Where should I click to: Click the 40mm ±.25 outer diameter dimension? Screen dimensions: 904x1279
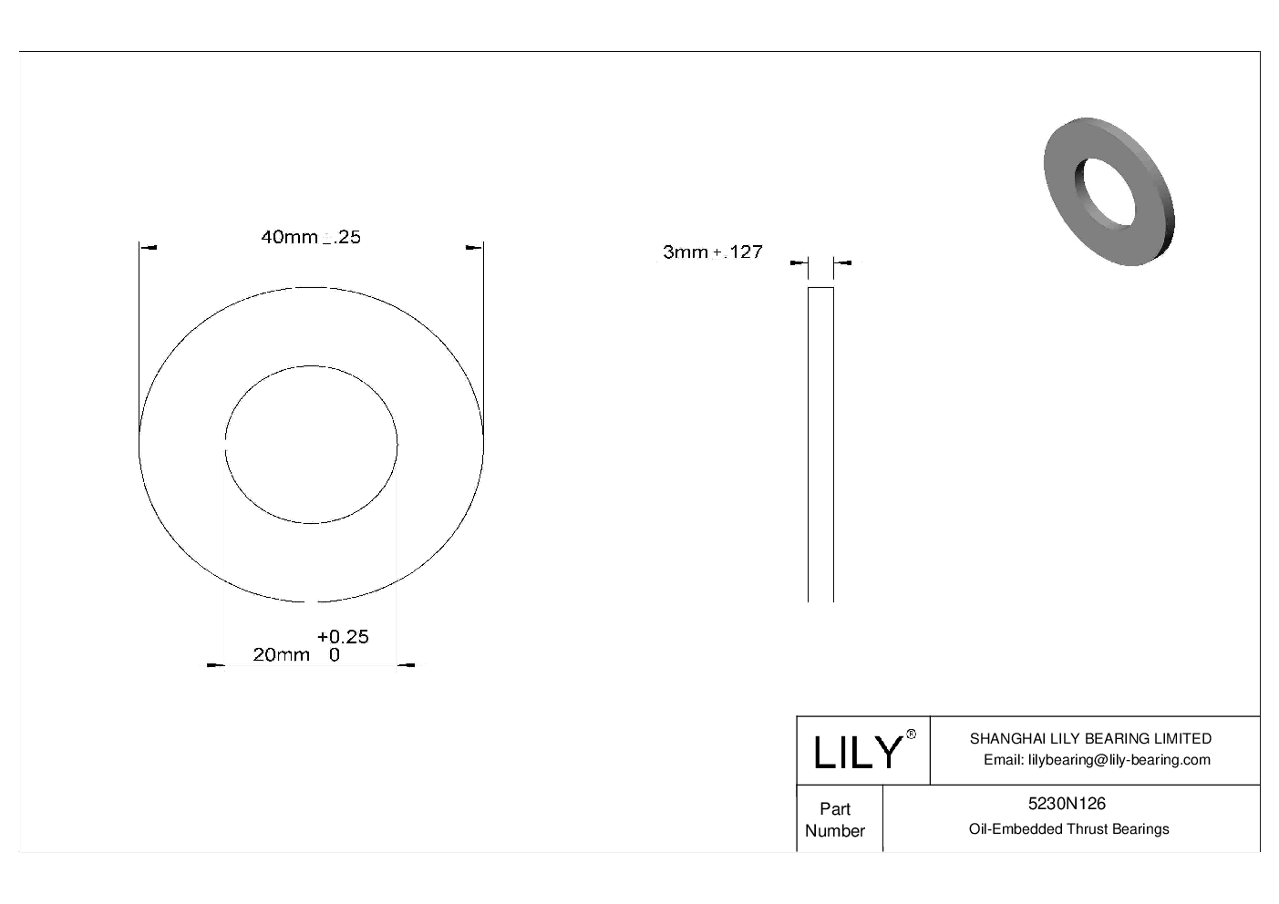pos(311,237)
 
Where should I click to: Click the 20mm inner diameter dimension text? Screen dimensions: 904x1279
pos(281,655)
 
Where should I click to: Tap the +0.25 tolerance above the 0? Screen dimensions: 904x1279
pos(343,636)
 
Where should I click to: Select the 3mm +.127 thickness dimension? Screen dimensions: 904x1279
pos(712,252)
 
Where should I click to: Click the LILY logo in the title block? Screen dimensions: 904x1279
pos(857,753)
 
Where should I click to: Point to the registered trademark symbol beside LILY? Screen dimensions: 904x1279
pos(911,735)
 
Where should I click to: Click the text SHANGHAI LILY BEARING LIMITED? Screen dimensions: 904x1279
pos(1090,739)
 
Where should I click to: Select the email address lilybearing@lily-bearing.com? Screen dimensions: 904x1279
pos(1097,760)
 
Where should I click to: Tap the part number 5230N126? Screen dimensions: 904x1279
pos(1067,804)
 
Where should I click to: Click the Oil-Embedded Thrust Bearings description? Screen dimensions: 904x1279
pos(1068,829)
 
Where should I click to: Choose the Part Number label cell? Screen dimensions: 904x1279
pos(835,819)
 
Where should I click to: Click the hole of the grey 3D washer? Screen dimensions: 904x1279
pos(1105,192)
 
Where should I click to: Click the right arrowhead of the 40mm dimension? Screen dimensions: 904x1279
pos(472,246)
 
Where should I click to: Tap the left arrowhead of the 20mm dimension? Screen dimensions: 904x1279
pos(215,666)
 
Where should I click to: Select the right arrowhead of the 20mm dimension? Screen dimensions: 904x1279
pos(407,666)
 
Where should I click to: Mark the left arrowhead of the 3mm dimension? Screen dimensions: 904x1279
pos(800,263)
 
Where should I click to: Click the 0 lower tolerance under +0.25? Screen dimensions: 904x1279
pos(335,655)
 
